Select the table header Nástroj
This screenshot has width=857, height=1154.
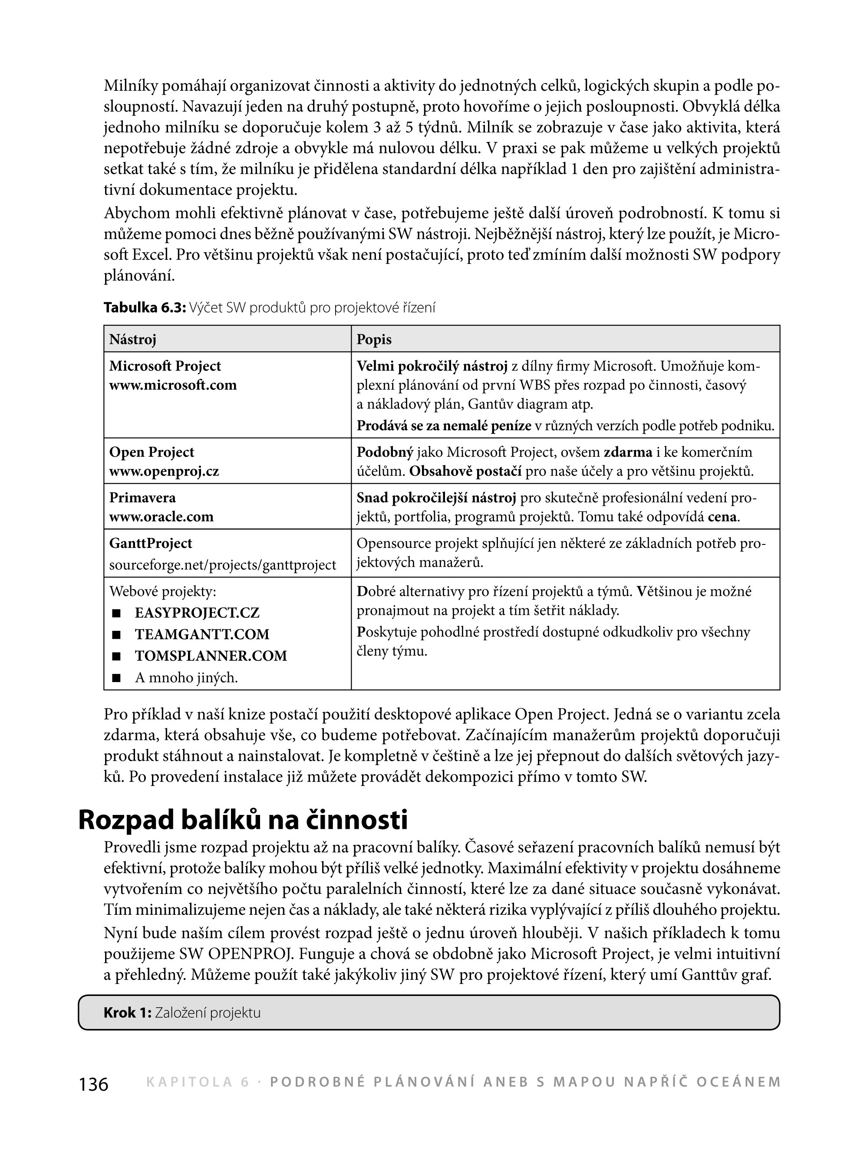[x=132, y=340]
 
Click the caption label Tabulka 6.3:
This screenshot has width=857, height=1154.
[x=144, y=308]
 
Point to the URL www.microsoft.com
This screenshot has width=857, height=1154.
[x=173, y=386]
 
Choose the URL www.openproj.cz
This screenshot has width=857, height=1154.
[x=164, y=471]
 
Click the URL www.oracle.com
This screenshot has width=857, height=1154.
[x=162, y=517]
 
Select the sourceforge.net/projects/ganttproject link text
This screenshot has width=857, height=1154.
[x=223, y=565]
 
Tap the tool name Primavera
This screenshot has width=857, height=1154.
[x=142, y=498]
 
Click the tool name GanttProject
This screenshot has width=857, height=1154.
[x=151, y=544]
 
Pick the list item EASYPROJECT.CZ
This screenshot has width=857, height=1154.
[x=197, y=613]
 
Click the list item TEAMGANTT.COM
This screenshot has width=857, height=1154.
[x=202, y=635]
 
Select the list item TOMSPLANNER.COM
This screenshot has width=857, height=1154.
[x=211, y=656]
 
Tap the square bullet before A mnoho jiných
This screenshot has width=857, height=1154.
[x=116, y=678]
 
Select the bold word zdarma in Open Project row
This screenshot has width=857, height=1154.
[x=628, y=452]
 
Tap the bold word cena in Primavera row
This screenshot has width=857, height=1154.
[x=722, y=517]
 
